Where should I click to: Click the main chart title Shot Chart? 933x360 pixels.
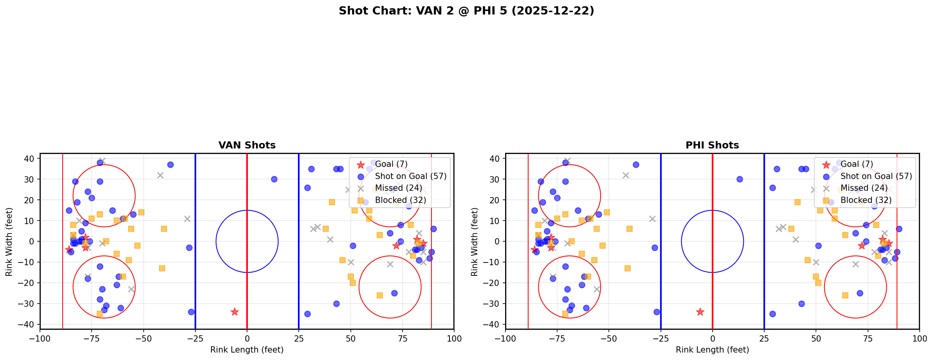[x=466, y=11]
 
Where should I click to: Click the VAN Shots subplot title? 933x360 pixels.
[x=247, y=145]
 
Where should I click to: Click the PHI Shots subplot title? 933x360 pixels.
[x=712, y=145]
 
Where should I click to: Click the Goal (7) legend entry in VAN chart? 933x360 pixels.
[x=391, y=164]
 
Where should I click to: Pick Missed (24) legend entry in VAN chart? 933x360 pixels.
[x=398, y=188]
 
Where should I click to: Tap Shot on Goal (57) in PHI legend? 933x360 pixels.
[x=876, y=176]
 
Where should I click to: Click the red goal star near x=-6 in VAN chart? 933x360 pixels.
[x=235, y=312]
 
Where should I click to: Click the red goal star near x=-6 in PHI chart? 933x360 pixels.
[x=700, y=312]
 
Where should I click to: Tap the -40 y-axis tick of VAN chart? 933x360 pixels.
[x=30, y=324]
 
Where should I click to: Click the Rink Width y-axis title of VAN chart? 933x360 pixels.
[x=9, y=241]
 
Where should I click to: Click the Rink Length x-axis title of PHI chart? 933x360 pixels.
[x=712, y=350]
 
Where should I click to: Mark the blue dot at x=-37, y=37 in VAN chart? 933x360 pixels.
[x=170, y=165]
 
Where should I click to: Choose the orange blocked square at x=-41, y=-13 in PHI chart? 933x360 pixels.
[x=628, y=268]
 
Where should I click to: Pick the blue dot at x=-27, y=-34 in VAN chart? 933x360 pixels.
[x=191, y=312]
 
